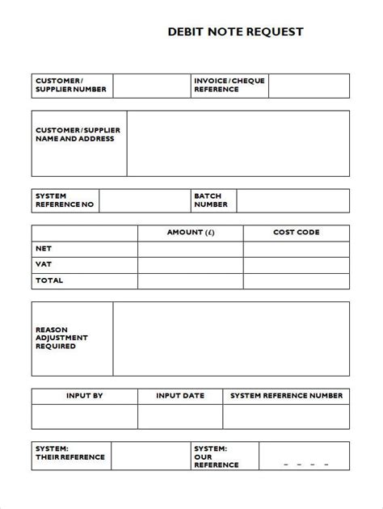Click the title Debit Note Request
(235, 32)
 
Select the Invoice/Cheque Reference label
(229, 85)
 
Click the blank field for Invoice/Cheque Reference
(309, 86)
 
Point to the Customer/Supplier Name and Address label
(75, 134)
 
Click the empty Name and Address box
(238, 143)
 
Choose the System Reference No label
(65, 200)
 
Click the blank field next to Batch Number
(293, 200)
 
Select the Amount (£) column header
(190, 233)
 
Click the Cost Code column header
(296, 233)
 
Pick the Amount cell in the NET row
(190, 249)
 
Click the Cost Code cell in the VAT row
(296, 264)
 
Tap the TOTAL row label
(49, 280)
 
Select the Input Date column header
(179, 396)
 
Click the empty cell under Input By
(84, 416)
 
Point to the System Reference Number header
(286, 396)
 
